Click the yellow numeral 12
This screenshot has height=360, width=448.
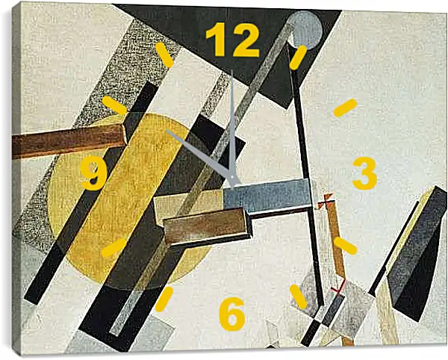[x=232, y=40]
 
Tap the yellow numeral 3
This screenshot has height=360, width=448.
[x=365, y=173]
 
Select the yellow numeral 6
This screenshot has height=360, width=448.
[x=232, y=314]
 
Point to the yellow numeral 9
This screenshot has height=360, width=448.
[x=94, y=173]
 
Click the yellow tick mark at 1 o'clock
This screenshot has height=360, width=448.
[x=298, y=58]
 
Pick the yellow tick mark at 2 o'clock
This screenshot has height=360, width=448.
[x=345, y=108]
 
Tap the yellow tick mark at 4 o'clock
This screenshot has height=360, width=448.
[x=345, y=246]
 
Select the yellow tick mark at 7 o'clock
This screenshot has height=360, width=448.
[x=164, y=299]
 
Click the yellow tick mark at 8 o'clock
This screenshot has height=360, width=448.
[x=114, y=248]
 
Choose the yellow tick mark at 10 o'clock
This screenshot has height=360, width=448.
[x=114, y=105]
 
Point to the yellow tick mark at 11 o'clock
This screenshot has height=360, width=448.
[x=164, y=55]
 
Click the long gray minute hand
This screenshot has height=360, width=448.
[x=232, y=128]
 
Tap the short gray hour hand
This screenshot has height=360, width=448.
[x=202, y=157]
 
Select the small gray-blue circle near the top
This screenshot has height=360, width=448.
[x=305, y=30]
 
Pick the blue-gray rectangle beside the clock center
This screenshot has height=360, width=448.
[x=267, y=196]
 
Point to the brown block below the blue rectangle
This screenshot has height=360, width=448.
[x=206, y=225]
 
